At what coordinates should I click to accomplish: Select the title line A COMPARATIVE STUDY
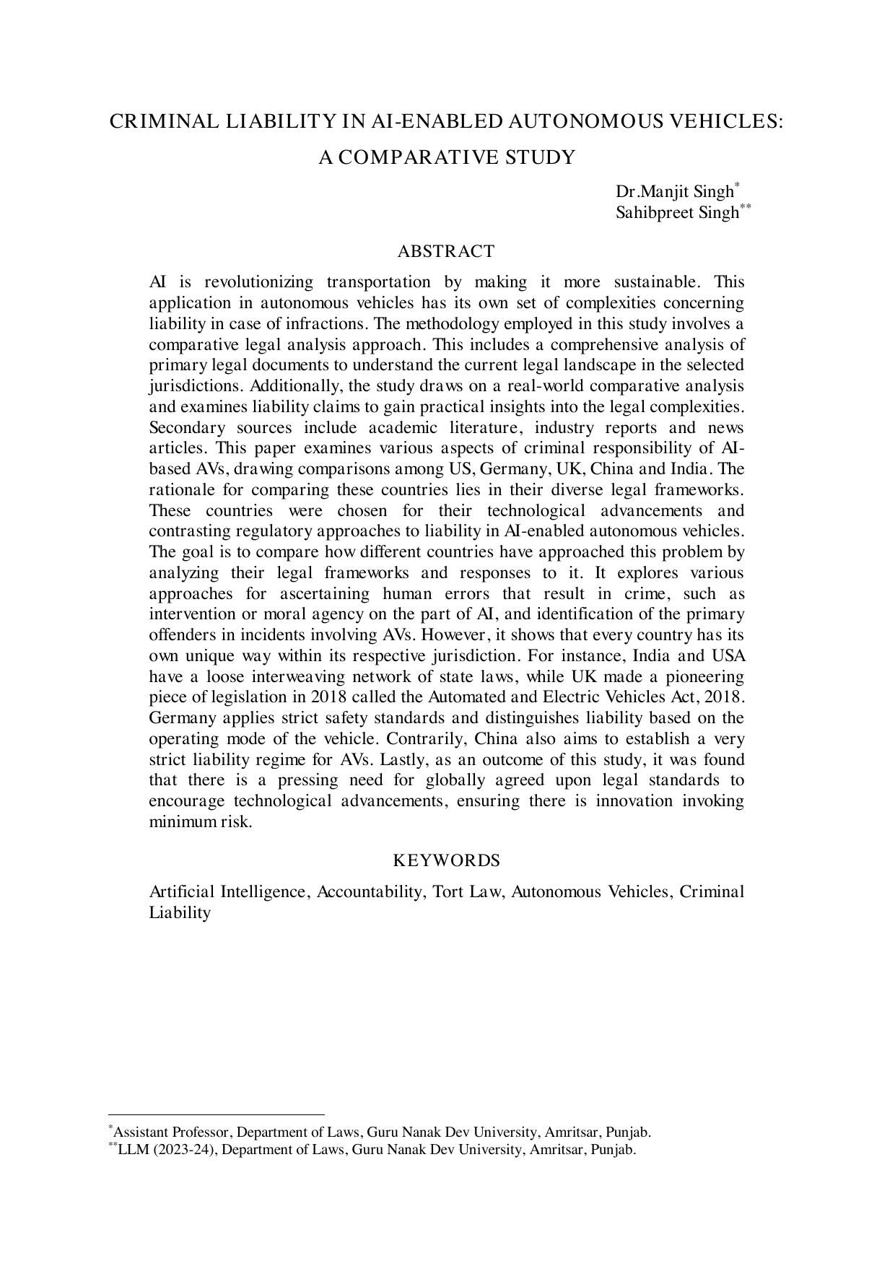click(x=447, y=157)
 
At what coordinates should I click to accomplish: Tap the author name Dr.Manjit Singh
click(x=674, y=193)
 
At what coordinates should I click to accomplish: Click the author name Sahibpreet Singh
click(x=677, y=213)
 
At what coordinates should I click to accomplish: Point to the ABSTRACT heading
click(x=446, y=251)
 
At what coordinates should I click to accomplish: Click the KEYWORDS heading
click(x=446, y=860)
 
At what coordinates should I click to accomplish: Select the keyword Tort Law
click(x=468, y=892)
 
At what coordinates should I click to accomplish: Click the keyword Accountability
click(x=370, y=892)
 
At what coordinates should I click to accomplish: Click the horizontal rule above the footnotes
click(x=217, y=1115)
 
